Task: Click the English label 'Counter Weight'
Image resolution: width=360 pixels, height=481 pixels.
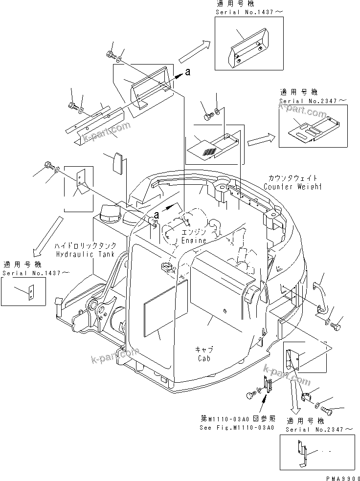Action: click(292, 187)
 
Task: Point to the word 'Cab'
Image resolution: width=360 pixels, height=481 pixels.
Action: click(204, 359)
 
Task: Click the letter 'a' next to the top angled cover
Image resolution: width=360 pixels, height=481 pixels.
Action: click(188, 72)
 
